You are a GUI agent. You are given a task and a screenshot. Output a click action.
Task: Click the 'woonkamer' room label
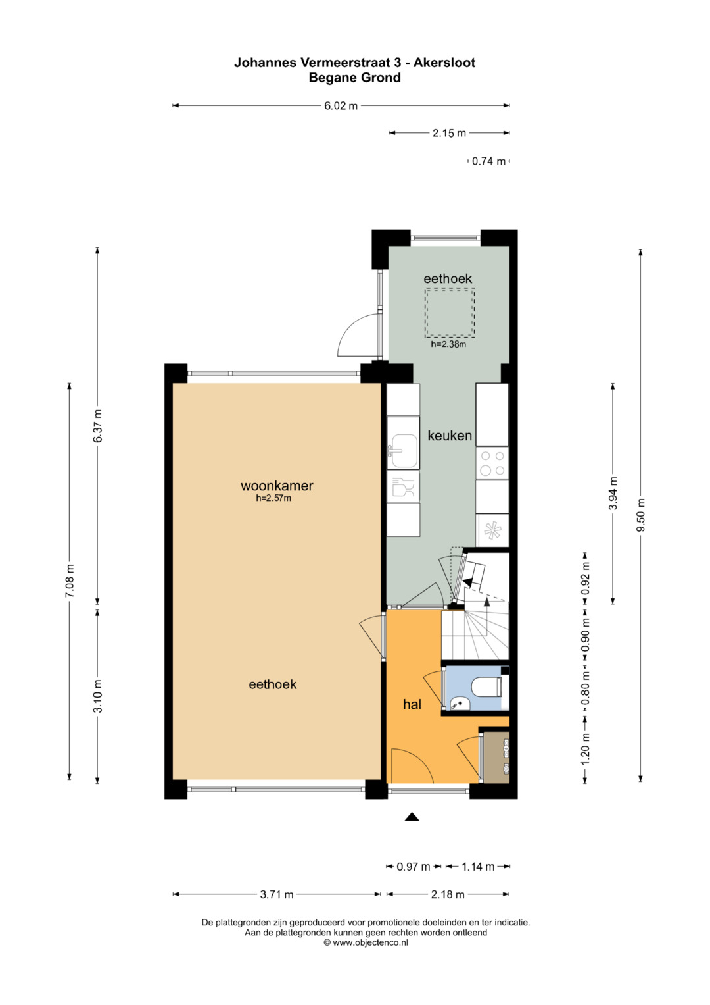[x=277, y=486]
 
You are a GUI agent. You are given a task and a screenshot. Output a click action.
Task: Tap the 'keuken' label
[x=450, y=435]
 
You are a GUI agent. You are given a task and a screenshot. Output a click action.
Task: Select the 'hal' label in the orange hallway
[x=412, y=704]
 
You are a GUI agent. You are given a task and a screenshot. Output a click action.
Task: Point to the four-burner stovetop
[x=492, y=463]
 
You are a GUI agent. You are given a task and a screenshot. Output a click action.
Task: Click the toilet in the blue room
[x=487, y=688]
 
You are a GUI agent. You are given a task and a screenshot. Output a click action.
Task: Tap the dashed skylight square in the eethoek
[x=450, y=313]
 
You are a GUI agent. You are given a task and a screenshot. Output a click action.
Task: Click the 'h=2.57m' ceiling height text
[x=273, y=498]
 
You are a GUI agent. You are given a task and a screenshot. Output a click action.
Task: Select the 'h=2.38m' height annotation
[x=448, y=344]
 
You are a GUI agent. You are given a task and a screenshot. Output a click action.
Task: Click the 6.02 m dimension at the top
[x=341, y=106]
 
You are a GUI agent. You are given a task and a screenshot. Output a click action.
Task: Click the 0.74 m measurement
[x=488, y=161]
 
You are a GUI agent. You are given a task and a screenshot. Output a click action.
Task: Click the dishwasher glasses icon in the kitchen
[x=403, y=487]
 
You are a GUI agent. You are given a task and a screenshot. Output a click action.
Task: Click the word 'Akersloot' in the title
[x=444, y=63]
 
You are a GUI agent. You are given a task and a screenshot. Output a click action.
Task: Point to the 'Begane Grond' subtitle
[x=354, y=78]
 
